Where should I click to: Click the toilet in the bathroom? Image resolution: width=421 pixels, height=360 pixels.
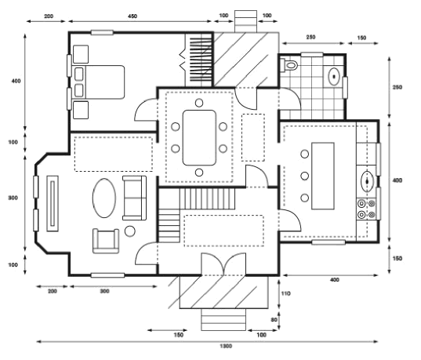[x=289, y=65]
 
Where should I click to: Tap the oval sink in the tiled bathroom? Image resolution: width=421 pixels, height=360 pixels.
[x=334, y=77]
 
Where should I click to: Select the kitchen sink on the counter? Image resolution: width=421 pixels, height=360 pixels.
[x=367, y=181]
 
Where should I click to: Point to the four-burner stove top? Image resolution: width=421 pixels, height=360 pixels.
[x=366, y=209]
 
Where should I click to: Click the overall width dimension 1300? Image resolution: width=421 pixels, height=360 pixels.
[x=226, y=346]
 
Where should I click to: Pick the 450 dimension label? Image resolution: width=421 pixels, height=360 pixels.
[x=132, y=16]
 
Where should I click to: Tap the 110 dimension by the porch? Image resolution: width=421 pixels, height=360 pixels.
[x=285, y=293]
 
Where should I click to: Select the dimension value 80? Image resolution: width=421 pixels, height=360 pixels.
[x=274, y=320]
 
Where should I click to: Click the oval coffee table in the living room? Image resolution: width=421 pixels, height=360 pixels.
[x=104, y=198]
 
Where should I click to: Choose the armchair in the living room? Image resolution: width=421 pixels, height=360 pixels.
[x=106, y=241]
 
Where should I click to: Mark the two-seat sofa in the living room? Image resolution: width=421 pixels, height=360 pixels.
[x=135, y=198]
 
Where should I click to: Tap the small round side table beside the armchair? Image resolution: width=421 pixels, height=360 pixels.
[x=130, y=231]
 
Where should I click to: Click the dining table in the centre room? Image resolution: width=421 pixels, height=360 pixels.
[x=199, y=137]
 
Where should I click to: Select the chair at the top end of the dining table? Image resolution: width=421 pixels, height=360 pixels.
[x=199, y=103]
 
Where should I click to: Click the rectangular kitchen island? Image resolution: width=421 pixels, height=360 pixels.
[x=323, y=176]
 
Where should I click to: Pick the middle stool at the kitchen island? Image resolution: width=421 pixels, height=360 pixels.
[x=304, y=176]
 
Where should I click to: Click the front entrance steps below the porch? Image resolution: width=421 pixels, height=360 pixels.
[x=223, y=319]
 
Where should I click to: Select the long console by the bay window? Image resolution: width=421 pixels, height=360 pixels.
[x=53, y=203]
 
